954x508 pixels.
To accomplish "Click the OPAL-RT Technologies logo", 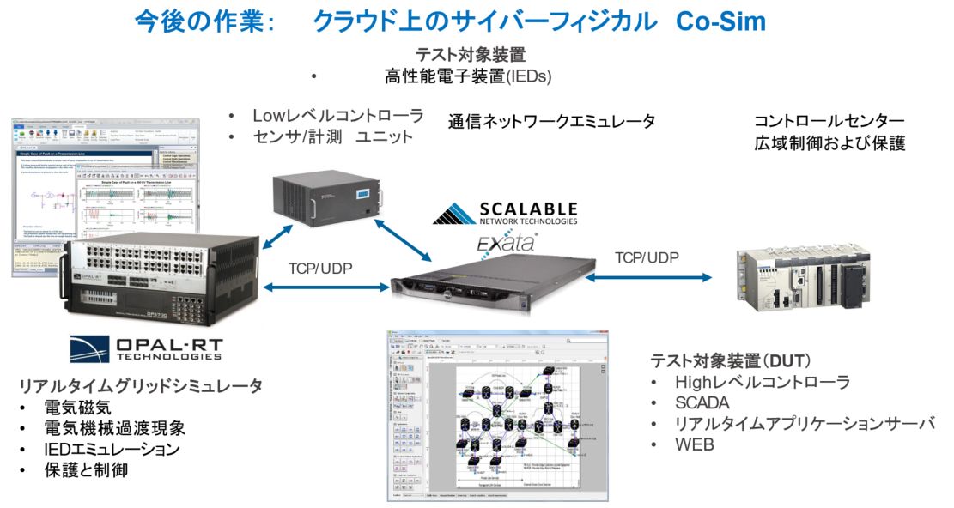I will tap(146, 347).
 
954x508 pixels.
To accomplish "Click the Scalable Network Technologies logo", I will tap(504, 214).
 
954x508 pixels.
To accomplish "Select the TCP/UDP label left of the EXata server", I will tap(319, 268).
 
